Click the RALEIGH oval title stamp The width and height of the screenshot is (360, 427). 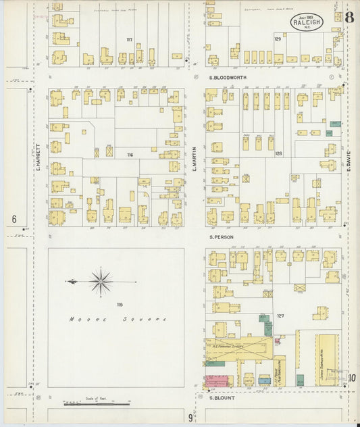308,22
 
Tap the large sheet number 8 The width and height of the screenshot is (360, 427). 349,18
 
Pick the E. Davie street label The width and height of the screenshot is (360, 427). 351,158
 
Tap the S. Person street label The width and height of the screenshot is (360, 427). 221,237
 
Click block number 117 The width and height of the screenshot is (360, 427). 129,40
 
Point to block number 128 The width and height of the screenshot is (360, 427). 278,153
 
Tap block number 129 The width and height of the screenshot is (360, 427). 277,40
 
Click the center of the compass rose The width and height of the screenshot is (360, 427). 101,281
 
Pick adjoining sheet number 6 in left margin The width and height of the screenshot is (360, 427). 14,220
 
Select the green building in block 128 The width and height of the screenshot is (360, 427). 335,124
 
